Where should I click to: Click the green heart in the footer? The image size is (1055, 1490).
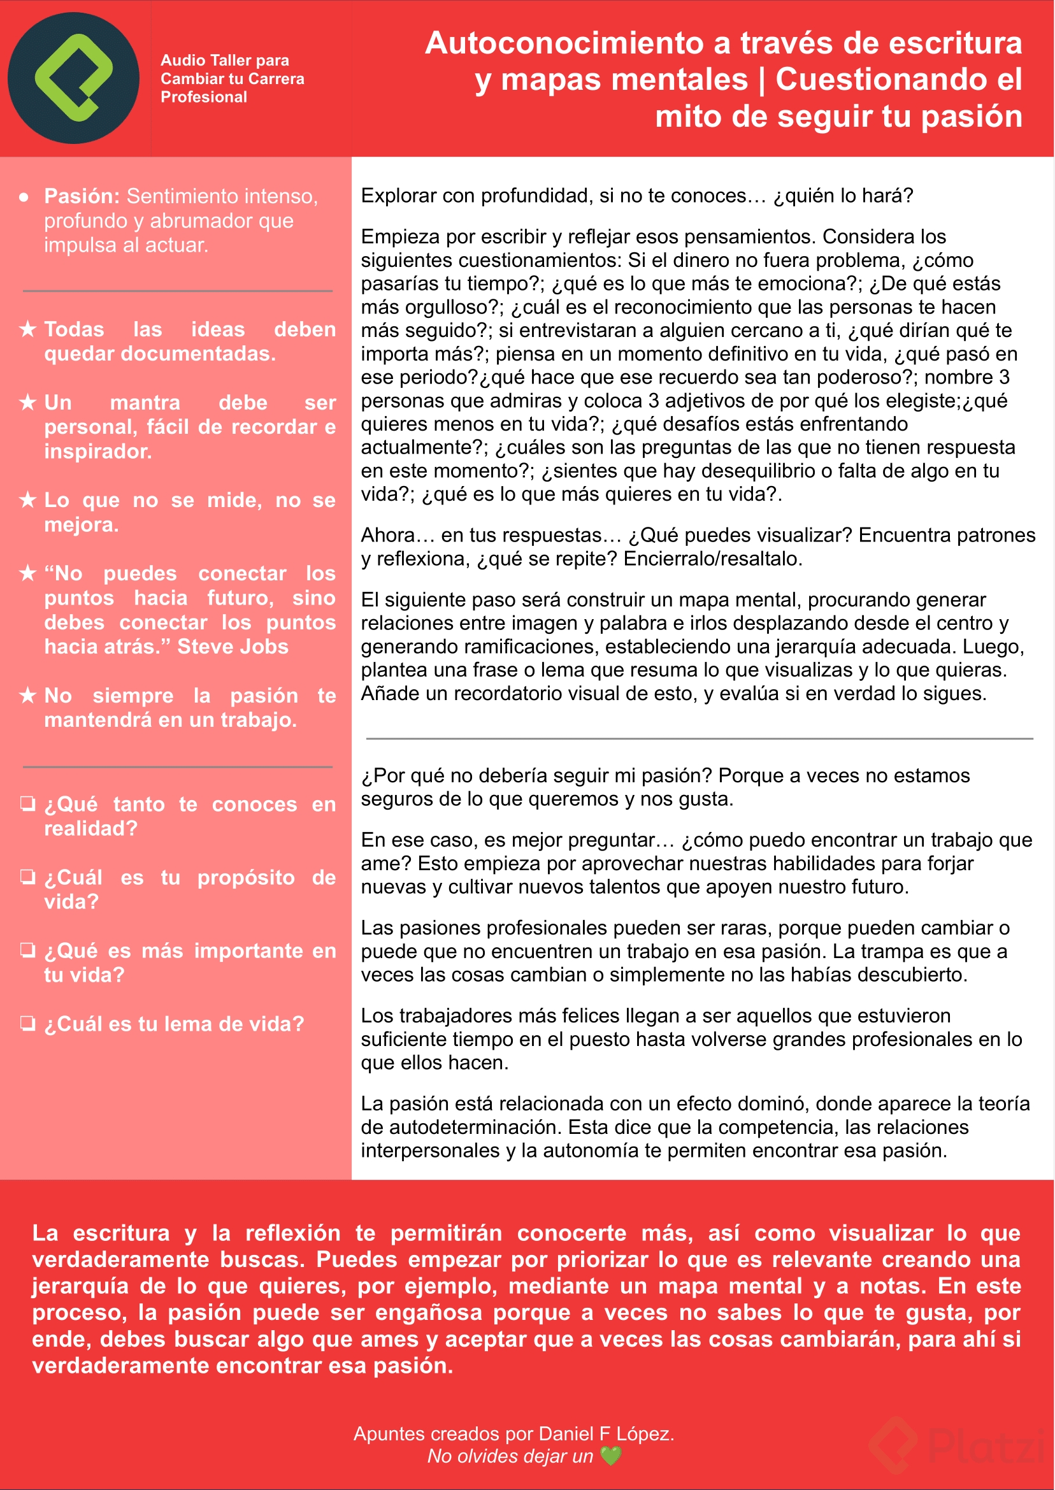click(x=611, y=1456)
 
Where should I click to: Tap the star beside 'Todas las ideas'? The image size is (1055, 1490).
click(x=27, y=329)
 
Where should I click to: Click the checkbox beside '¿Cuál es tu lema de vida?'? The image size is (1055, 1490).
click(x=27, y=1023)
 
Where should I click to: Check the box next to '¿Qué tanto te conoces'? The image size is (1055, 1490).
click(x=27, y=803)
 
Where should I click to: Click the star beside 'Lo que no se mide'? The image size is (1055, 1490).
click(x=27, y=500)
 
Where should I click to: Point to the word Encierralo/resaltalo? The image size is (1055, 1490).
click(x=713, y=559)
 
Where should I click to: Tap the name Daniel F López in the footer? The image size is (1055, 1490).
click(x=605, y=1433)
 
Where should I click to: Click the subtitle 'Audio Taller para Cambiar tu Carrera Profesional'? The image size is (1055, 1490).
click(x=232, y=78)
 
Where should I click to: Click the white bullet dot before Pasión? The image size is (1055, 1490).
click(x=24, y=197)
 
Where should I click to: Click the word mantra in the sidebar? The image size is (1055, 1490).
click(x=145, y=403)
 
